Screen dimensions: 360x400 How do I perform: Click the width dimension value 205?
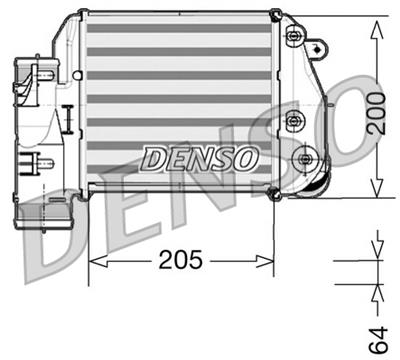click(180, 261)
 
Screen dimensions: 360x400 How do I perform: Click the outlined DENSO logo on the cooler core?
click(200, 157)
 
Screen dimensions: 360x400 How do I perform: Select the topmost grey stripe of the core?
click(180, 26)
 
